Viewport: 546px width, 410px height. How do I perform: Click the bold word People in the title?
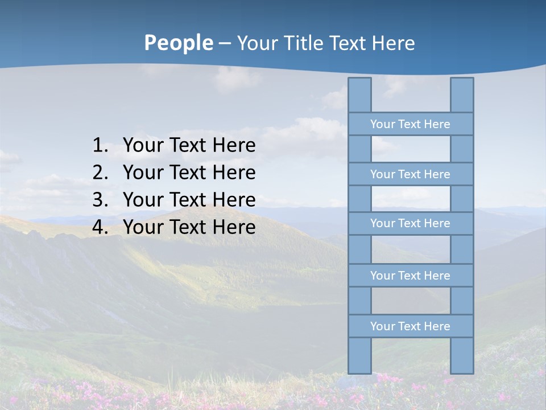coord(178,43)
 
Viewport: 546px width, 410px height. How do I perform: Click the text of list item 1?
coord(189,146)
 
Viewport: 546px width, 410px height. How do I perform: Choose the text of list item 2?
coord(189,173)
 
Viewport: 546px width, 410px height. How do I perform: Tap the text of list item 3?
coord(189,200)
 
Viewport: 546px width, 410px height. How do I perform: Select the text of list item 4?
coord(189,227)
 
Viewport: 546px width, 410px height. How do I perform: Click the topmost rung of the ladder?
coord(410,124)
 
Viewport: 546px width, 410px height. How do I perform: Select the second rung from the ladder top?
coord(410,174)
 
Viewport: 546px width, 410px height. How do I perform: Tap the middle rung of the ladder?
coord(410,223)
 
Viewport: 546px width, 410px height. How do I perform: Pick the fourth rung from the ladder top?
coord(410,276)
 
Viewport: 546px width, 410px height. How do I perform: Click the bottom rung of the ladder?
coord(410,326)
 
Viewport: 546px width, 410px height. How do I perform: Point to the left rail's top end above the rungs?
coord(359,95)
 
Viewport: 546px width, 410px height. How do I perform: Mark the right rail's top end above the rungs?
coord(462,95)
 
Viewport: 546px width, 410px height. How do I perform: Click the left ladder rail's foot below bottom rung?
coord(359,356)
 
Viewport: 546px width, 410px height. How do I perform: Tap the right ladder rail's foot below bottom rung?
coord(462,356)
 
